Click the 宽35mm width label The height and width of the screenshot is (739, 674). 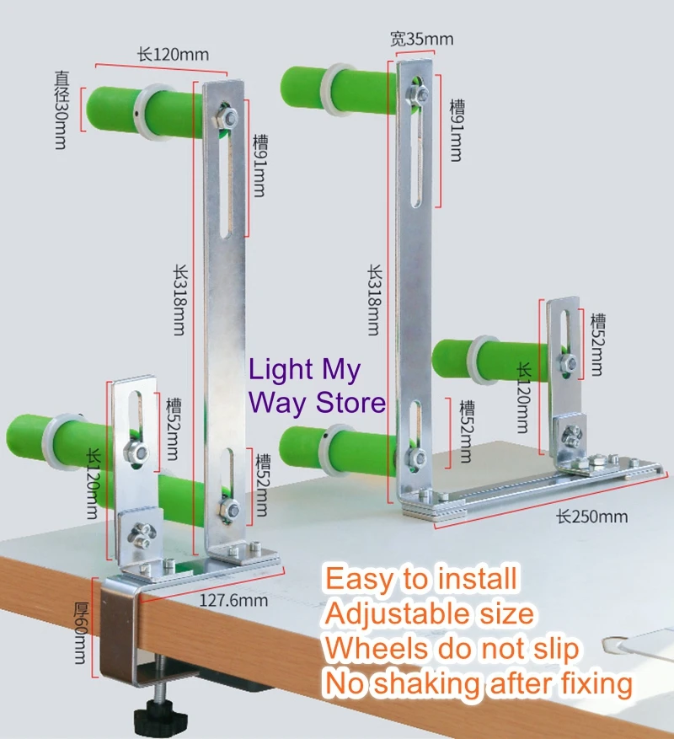click(421, 39)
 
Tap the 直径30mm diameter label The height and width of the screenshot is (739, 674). click(62, 107)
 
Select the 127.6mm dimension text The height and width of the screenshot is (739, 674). click(233, 600)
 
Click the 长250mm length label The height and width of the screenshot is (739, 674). click(587, 515)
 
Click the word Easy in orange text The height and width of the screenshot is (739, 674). click(357, 579)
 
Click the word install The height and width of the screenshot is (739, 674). click(477, 579)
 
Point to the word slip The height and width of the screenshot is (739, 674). click(551, 649)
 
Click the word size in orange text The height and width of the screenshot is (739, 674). click(505, 614)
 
